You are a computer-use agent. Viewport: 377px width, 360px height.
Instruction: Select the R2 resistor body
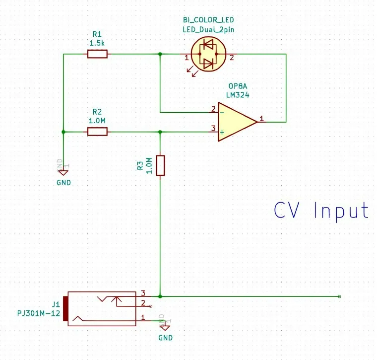[x=97, y=132]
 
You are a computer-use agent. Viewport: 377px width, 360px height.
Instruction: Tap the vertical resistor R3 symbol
[x=160, y=165]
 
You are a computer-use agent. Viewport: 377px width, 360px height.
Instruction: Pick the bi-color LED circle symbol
[x=208, y=55]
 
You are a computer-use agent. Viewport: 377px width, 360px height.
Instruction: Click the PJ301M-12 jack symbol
[x=102, y=308]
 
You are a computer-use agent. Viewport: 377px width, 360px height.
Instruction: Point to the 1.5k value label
[x=97, y=43]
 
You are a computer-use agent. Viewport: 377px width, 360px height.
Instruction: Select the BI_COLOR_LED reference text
[x=208, y=20]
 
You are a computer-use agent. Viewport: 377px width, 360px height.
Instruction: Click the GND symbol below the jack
[x=165, y=327]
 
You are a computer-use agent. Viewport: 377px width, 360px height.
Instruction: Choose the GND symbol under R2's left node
[x=63, y=172]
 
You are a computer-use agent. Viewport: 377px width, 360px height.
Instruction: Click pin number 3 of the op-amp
[x=213, y=128]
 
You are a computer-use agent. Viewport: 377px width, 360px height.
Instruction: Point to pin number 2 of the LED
[x=232, y=58]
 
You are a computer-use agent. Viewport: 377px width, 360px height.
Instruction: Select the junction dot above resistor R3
[x=160, y=132]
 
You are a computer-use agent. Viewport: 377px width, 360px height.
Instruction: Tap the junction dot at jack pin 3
[x=160, y=296]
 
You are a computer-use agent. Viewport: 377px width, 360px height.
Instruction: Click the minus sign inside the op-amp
[x=222, y=112]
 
